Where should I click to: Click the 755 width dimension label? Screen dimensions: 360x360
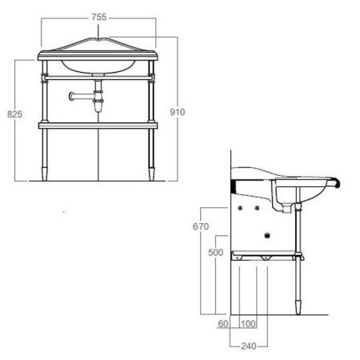pyautogui.click(x=99, y=18)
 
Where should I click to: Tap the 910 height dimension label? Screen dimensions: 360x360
pyautogui.click(x=178, y=112)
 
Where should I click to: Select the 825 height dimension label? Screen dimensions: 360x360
pyautogui.click(x=15, y=114)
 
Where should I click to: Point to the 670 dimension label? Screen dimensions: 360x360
pyautogui.click(x=201, y=226)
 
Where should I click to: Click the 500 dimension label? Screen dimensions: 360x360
pyautogui.click(x=216, y=252)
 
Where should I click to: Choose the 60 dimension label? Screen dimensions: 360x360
pyautogui.click(x=223, y=324)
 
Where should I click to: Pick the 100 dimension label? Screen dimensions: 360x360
pyautogui.click(x=248, y=324)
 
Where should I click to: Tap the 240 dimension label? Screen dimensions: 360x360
pyautogui.click(x=249, y=346)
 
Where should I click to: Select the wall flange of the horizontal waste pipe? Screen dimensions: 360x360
pyautogui.click(x=71, y=96)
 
